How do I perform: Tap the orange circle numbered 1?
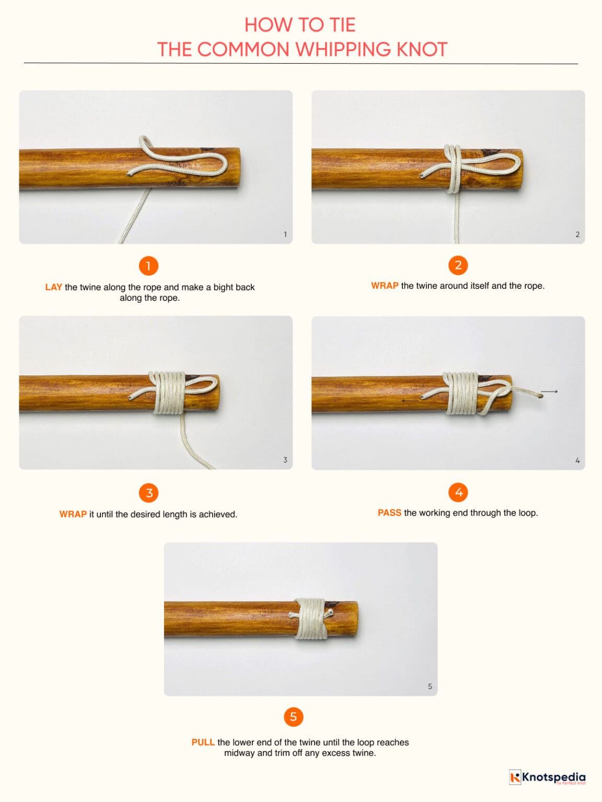pos(148,266)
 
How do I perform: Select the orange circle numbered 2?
pos(458,265)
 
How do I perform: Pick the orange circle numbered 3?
pos(149,492)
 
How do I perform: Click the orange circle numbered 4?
pos(458,492)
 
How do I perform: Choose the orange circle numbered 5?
pos(293,716)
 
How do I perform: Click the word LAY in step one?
pos(53,287)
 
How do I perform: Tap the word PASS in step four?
pos(389,513)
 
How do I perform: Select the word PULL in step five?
pos(203,742)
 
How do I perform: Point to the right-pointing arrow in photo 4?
pos(549,391)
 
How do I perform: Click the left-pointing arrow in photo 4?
pos(410,400)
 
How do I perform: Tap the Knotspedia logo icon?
pos(515,777)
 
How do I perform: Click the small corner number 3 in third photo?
pos(285,459)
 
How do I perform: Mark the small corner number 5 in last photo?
pos(430,686)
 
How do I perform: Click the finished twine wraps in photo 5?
pos(310,619)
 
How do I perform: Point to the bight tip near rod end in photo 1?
pos(225,163)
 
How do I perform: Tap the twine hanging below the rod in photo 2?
pos(456,219)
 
